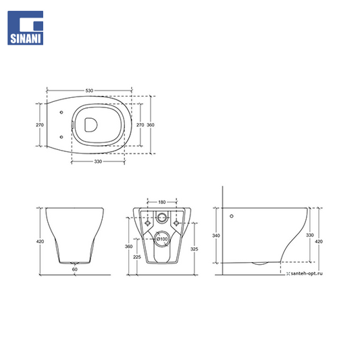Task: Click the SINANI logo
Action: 25,28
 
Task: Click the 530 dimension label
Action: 89,91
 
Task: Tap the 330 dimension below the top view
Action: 98,161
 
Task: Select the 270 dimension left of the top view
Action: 40,125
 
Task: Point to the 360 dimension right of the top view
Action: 151,125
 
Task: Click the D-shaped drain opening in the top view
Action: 91,125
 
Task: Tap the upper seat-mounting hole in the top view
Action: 61,112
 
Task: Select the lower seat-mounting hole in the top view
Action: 61,137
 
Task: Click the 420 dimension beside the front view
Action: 40,241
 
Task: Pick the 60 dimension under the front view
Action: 75,269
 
